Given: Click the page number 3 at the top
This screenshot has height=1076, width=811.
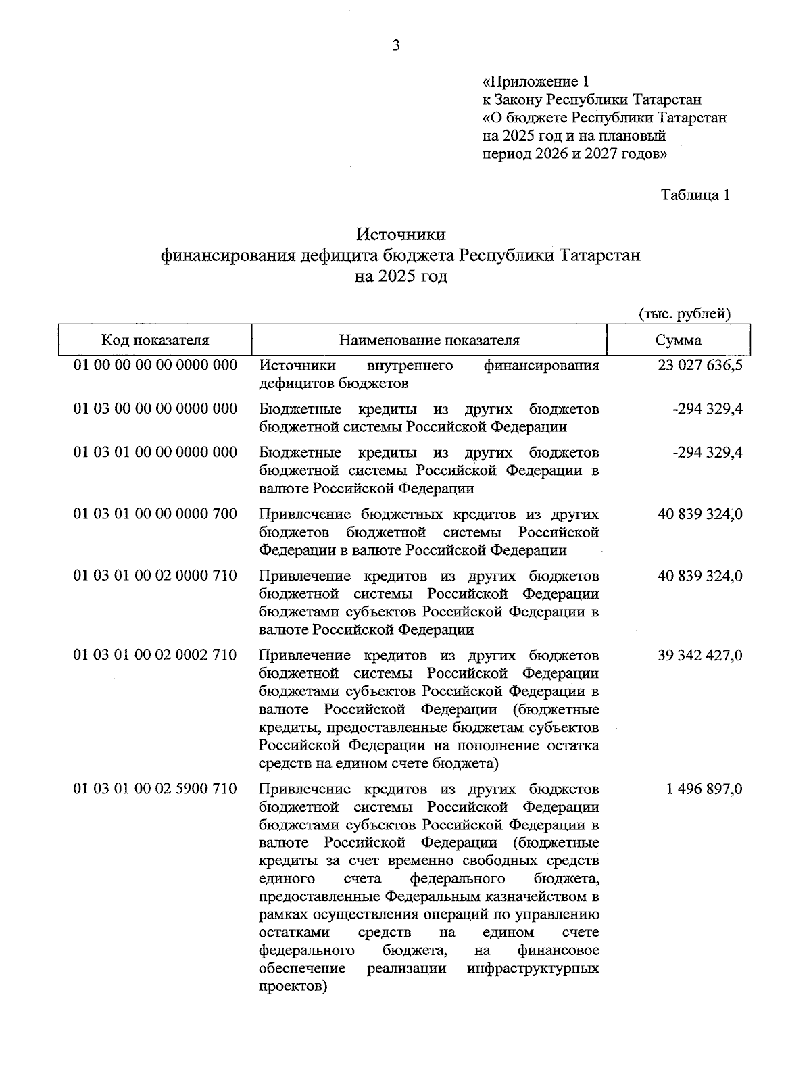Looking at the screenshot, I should pyautogui.click(x=396, y=45).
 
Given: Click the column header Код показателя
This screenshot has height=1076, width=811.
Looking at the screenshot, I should pyautogui.click(x=155, y=340).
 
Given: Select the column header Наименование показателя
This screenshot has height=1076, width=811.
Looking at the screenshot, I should pyautogui.click(x=429, y=340).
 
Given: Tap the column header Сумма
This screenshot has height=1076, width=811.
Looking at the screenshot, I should pyautogui.click(x=678, y=340).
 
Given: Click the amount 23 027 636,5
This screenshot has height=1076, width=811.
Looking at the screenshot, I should pyautogui.click(x=699, y=366).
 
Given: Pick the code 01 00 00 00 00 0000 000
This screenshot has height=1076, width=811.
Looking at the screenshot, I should pyautogui.click(x=155, y=366).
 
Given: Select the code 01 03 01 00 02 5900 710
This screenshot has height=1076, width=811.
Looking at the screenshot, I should pyautogui.click(x=155, y=789).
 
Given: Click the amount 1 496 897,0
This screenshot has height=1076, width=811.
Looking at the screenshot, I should pyautogui.click(x=704, y=789).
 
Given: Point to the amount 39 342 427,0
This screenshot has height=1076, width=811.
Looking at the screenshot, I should pyautogui.click(x=699, y=655).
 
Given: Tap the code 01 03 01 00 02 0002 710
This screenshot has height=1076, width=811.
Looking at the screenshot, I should pyautogui.click(x=155, y=655).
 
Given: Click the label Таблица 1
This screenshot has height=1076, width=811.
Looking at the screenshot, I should pyautogui.click(x=695, y=195).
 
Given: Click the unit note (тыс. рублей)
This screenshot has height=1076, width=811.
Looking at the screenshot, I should pyautogui.click(x=685, y=314).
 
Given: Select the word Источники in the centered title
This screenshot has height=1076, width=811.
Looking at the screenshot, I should pyautogui.click(x=401, y=234).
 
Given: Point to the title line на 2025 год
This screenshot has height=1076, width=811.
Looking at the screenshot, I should pyautogui.click(x=401, y=276).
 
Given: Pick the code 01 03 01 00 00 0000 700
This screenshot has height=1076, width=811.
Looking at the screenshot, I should pyautogui.click(x=155, y=514).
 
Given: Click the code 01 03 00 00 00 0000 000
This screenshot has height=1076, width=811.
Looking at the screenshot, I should pyautogui.click(x=155, y=409).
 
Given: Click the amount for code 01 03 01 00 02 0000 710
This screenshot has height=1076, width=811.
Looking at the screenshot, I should pyautogui.click(x=699, y=576).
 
